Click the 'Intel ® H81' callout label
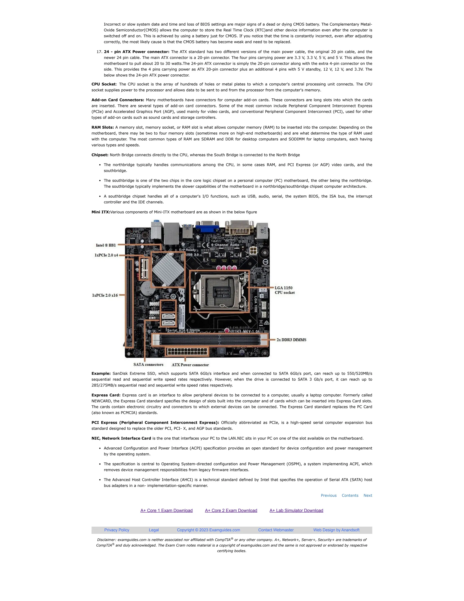tap(106, 245)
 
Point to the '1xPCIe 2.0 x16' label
tap(105, 295)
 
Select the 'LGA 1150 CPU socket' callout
tap(285, 290)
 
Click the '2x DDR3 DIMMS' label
tap(291, 340)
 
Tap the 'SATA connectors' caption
tap(148, 365)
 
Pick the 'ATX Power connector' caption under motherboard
tap(190, 365)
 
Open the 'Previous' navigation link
tap(329, 495)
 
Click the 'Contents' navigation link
tap(350, 495)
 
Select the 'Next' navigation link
tap(368, 495)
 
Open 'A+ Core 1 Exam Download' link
tap(166, 511)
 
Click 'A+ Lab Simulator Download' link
tap(296, 511)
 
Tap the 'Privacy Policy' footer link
tap(116, 530)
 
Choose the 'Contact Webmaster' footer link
tap(276, 530)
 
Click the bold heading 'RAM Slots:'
tap(103, 127)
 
